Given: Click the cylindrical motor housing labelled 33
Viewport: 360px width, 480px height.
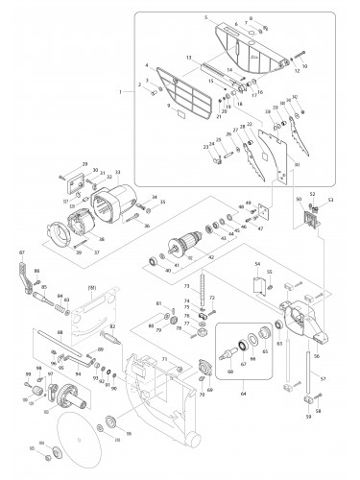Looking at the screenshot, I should [124, 200].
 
